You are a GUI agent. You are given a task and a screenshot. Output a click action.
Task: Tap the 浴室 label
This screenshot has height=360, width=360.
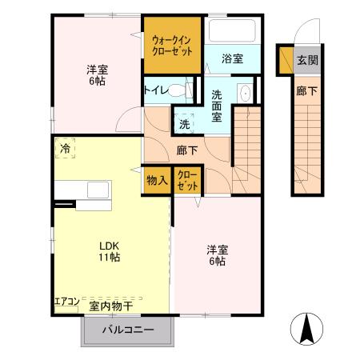tap(233, 58)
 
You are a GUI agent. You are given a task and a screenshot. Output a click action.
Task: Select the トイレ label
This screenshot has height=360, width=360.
tap(156, 90)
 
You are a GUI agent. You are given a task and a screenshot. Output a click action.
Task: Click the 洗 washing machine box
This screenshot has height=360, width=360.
tap(185, 124)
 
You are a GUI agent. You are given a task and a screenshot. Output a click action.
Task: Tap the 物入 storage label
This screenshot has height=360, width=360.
tap(157, 180)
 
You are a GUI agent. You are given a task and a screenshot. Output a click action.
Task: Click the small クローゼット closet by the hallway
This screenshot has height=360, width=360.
tap(188, 180)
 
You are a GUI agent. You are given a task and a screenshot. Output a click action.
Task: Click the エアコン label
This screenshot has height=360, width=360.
tap(66, 302)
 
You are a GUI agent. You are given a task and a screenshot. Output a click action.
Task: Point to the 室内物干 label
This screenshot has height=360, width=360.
tap(110, 305)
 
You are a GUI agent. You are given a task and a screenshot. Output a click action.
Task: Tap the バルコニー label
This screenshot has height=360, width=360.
tap(127, 330)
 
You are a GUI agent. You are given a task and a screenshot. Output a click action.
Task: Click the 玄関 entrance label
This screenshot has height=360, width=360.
tap(307, 60)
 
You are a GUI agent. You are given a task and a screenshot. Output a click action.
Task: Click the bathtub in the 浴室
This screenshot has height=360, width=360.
tap(231, 33)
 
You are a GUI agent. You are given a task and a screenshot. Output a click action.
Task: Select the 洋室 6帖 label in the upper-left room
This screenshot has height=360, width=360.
tap(98, 75)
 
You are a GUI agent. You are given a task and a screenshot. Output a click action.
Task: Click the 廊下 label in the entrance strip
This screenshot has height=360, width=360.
tap(306, 91)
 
